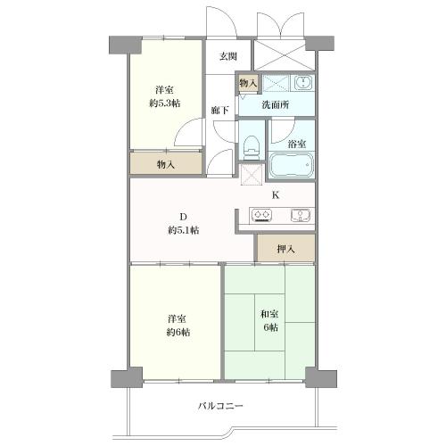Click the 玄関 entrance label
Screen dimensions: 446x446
click(x=228, y=56)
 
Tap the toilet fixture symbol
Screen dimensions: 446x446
click(x=252, y=147)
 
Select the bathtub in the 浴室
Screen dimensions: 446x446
click(x=292, y=165)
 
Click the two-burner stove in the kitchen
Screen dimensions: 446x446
click(x=261, y=215)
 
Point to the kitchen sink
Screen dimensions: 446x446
click(x=301, y=215)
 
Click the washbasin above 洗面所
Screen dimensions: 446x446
click(x=303, y=83)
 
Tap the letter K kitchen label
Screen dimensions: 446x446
click(x=276, y=195)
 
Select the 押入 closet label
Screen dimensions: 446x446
click(x=285, y=249)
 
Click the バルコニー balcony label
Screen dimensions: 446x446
click(x=220, y=406)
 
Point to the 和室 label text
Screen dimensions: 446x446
click(x=269, y=314)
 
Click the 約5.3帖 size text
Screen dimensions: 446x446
click(x=164, y=103)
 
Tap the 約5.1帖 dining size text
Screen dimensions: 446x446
click(x=183, y=230)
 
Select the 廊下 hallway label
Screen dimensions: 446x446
click(x=219, y=111)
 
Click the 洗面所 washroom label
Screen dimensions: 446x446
click(x=276, y=104)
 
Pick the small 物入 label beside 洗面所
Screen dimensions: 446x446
click(x=248, y=83)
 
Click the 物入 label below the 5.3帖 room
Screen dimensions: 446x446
click(x=166, y=164)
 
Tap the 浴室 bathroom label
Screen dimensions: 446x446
click(x=296, y=145)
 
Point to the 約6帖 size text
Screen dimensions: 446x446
click(x=178, y=332)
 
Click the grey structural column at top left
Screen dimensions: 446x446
click(x=125, y=45)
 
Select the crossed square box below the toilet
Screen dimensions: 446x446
click(x=252, y=174)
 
